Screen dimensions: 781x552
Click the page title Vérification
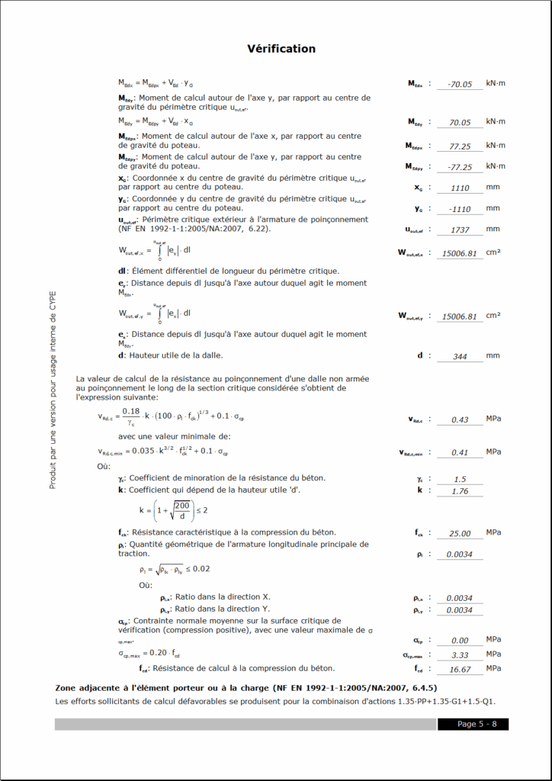(281, 49)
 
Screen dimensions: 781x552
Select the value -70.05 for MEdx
(460, 85)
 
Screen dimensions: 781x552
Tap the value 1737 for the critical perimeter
(460, 230)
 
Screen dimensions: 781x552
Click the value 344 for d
(460, 356)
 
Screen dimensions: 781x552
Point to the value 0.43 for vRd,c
(460, 420)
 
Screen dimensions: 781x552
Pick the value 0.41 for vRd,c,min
(460, 452)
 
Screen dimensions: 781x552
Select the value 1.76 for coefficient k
(460, 491)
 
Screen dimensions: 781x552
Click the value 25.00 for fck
(460, 534)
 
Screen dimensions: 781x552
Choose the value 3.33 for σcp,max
(460, 655)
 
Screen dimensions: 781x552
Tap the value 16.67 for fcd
(460, 670)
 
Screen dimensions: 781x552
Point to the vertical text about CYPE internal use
(53, 390)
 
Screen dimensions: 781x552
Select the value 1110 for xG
(460, 188)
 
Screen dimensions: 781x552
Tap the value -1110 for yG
(460, 209)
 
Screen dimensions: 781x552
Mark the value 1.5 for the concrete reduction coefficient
(460, 479)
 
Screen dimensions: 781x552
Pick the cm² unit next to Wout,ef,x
(493, 252)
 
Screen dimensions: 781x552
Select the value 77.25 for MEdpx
(460, 146)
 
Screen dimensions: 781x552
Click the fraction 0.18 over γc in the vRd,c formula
(130, 416)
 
